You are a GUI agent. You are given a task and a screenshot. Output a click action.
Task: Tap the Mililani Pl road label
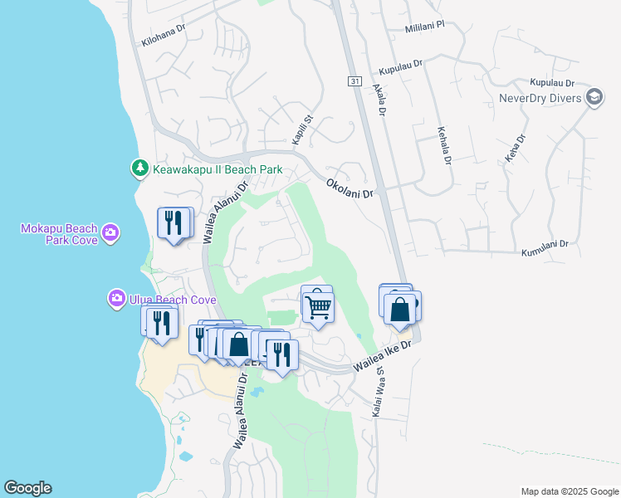tap(426, 27)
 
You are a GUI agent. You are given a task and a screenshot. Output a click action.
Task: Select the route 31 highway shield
tap(355, 81)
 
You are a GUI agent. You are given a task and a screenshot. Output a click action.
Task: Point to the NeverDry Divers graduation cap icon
tap(594, 97)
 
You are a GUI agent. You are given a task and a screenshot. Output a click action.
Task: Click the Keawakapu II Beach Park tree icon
tap(139, 168)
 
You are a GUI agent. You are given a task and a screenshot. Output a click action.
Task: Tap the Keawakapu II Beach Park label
tap(217, 170)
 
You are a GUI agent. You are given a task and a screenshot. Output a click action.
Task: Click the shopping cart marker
tap(318, 307)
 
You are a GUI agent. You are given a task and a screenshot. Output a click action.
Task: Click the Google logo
tap(27, 488)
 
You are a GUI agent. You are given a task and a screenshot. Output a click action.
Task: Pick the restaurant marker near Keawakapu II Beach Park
tap(175, 222)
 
